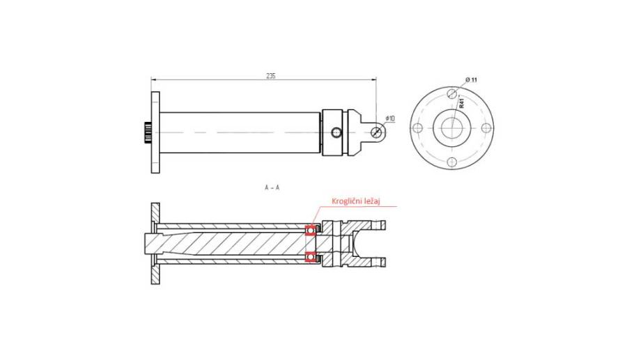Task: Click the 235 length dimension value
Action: [270, 76]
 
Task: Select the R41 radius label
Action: [461, 102]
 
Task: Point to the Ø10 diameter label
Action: [390, 119]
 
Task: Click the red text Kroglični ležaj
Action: [357, 201]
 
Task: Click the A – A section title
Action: [272, 187]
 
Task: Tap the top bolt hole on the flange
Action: [451, 93]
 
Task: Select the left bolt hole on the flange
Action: [417, 128]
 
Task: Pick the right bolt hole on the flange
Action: [486, 128]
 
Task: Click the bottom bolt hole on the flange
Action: [451, 162]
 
